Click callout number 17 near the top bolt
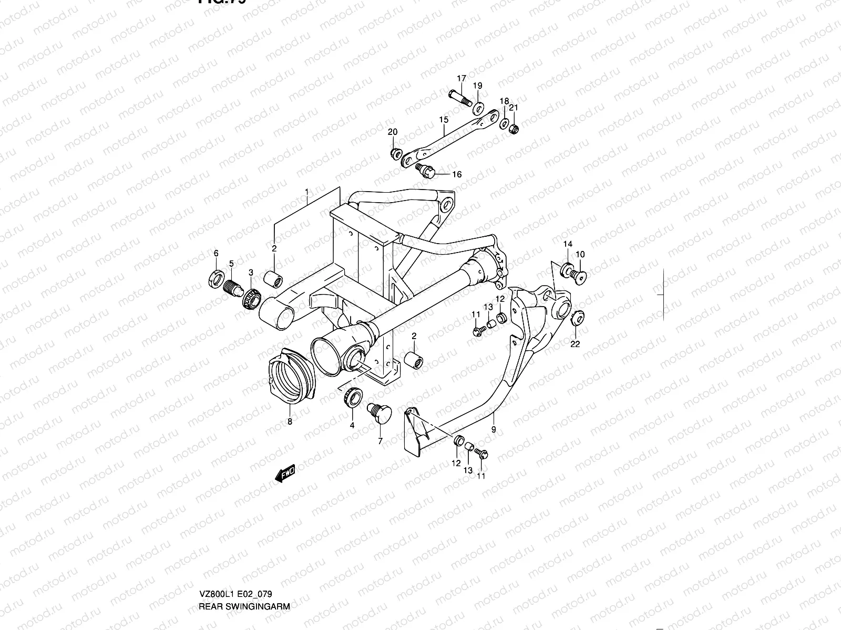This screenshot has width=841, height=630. pos(461,79)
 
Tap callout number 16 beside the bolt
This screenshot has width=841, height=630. pos(456,174)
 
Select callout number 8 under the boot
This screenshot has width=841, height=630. pos(289,421)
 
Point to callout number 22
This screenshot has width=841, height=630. pos(575,344)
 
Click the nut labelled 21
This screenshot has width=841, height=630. pos(515,128)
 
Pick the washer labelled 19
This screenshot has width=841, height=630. pos(479,109)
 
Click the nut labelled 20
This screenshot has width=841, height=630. pos(395,153)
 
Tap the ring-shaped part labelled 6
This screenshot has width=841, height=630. pos(216,278)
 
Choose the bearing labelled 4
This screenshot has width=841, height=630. pos(351,395)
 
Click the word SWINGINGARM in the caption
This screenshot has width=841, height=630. pos(265,606)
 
